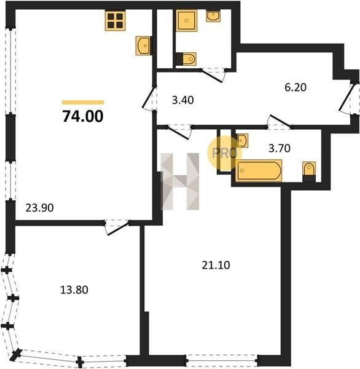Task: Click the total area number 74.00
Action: [x=83, y=116]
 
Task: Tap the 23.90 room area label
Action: [x=39, y=208]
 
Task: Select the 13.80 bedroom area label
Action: [x=74, y=290]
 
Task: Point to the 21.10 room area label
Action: [x=216, y=265]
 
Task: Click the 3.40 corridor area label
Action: [x=183, y=100]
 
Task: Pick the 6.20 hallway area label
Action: [x=295, y=87]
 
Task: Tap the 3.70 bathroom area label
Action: [x=280, y=148]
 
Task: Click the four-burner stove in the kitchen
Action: [x=115, y=20]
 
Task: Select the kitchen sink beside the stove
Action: [x=143, y=46]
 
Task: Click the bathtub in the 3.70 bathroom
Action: [x=259, y=171]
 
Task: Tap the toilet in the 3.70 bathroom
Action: [x=309, y=171]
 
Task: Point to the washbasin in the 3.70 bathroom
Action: [x=242, y=140]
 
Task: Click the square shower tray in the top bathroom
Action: [x=187, y=20]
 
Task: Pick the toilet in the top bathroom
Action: [x=186, y=59]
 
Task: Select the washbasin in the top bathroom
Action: [x=213, y=16]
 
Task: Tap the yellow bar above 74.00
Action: [x=83, y=102]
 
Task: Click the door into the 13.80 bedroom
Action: [x=117, y=228]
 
